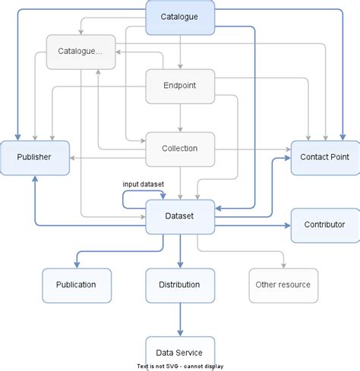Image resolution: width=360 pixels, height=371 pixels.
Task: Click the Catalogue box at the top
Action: pyautogui.click(x=180, y=17)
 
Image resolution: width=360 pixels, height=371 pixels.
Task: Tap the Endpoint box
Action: pyautogui.click(x=180, y=86)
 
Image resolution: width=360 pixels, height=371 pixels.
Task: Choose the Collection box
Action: pyautogui.click(x=180, y=148)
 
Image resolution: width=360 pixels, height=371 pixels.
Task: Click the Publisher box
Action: pyautogui.click(x=35, y=157)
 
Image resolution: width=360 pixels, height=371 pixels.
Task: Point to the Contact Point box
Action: pyautogui.click(x=324, y=157)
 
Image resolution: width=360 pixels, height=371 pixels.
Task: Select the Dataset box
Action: pyautogui.click(x=180, y=216)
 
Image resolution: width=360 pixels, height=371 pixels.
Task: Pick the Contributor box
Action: pyautogui.click(x=324, y=225)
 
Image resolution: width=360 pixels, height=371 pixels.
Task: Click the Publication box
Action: pyautogui.click(x=76, y=285)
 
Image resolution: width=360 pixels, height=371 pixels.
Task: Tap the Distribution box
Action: pyautogui.click(x=180, y=285)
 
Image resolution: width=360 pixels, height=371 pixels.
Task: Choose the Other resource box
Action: pyautogui.click(x=283, y=285)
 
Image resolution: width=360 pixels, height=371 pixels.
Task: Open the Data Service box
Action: pyautogui.click(x=180, y=352)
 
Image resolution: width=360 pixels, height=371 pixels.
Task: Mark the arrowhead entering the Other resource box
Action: pyautogui.click(x=283, y=265)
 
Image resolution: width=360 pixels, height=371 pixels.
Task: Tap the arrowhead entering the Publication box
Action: pyautogui.click(x=76, y=265)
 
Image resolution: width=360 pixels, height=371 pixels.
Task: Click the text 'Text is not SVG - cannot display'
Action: pyautogui.click(x=180, y=364)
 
